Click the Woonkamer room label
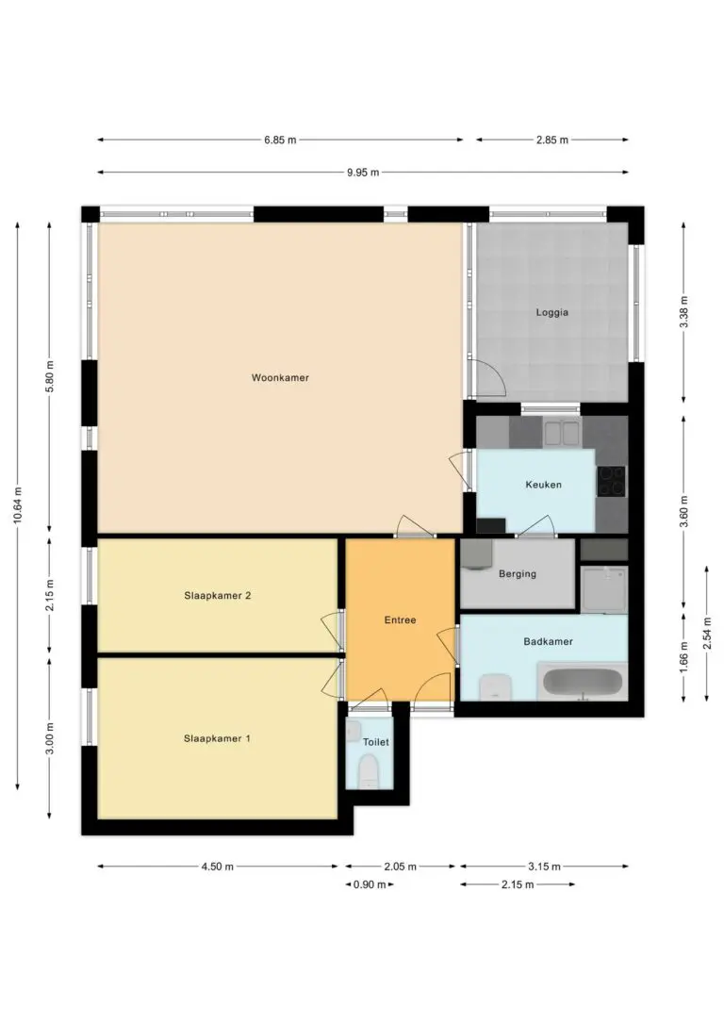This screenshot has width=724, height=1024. [280, 377]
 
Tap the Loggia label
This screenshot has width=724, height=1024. [552, 312]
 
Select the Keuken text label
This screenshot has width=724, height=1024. [543, 485]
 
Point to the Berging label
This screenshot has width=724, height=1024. [517, 574]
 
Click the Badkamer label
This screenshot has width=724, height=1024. [548, 641]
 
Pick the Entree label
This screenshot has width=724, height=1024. [400, 619]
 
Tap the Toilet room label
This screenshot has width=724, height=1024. [375, 742]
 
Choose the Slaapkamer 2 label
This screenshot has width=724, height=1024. [218, 596]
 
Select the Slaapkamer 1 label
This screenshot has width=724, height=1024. [217, 738]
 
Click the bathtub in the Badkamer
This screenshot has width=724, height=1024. [583, 682]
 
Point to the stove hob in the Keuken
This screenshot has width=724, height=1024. [612, 481]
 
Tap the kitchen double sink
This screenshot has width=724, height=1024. [562, 433]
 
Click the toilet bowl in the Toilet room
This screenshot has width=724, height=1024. [370, 770]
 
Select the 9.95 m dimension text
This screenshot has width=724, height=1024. [363, 173]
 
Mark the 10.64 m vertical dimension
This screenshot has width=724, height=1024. [18, 505]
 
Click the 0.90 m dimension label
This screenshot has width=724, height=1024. [370, 884]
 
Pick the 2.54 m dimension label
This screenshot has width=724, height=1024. [707, 634]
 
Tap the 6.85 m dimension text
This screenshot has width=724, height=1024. [280, 140]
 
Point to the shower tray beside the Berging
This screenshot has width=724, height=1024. [604, 589]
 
